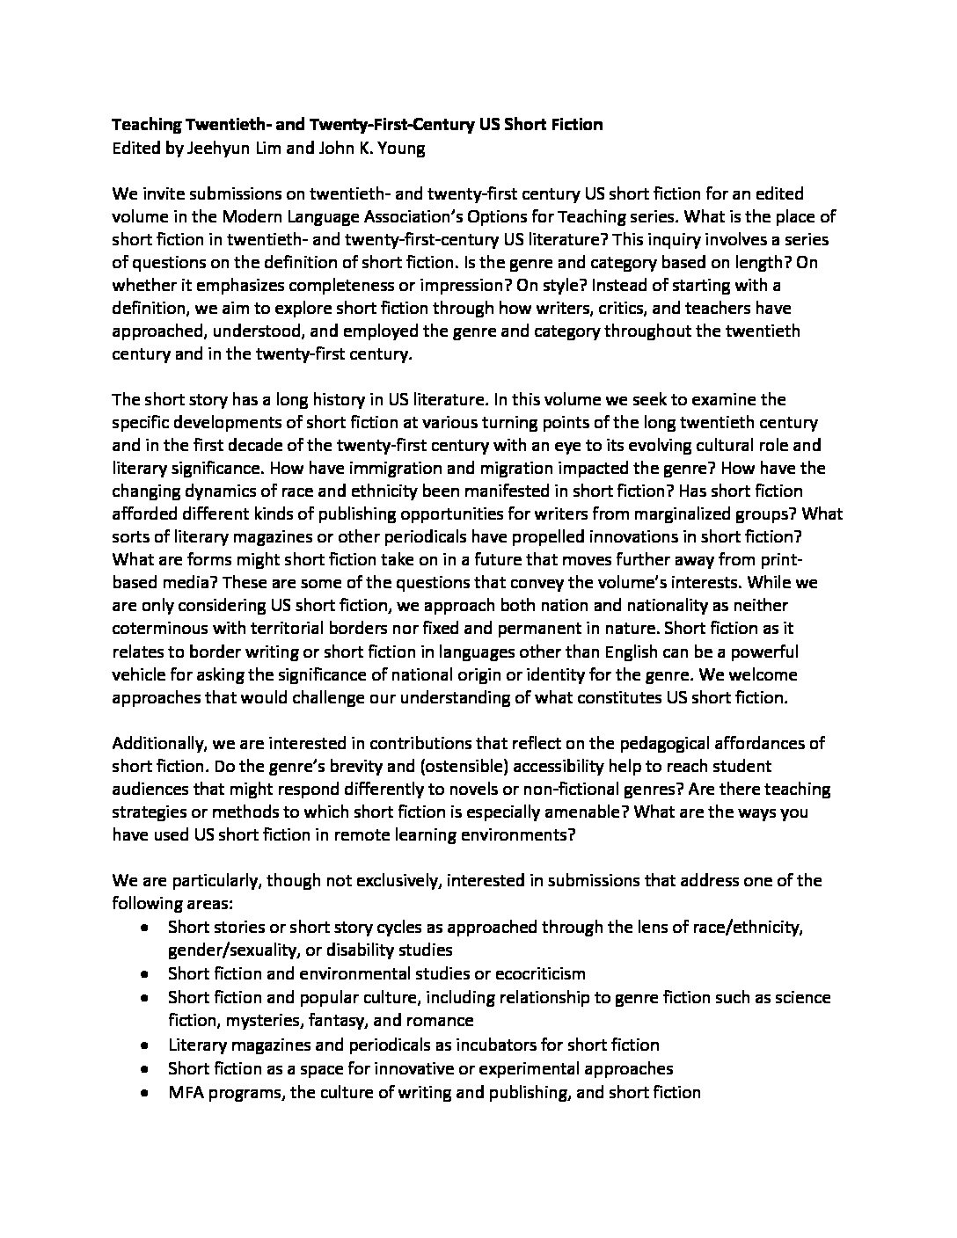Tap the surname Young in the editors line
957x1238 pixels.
pyautogui.click(x=402, y=148)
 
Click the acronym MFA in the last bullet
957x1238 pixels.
pyautogui.click(x=185, y=1092)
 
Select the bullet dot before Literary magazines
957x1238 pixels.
pyautogui.click(x=144, y=1045)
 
